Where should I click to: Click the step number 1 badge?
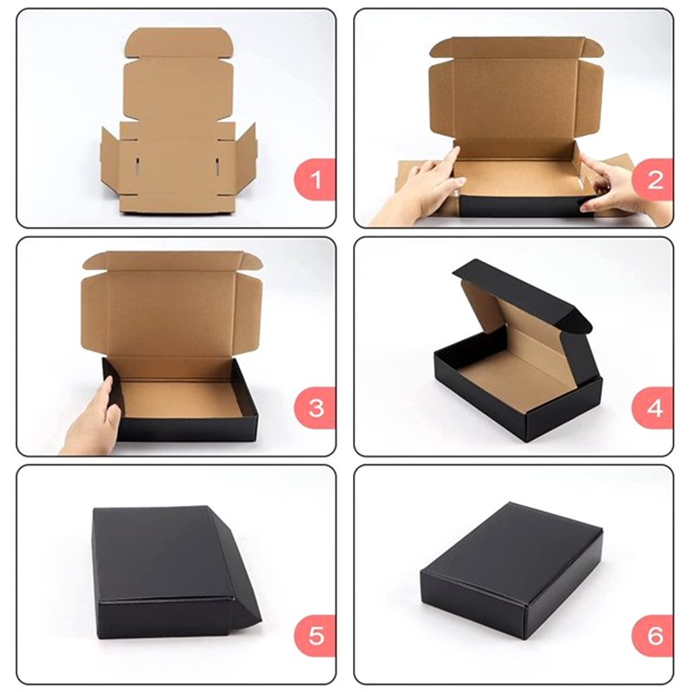[x=315, y=180]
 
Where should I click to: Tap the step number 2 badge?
[x=653, y=180]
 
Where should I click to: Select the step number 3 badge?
[x=315, y=407]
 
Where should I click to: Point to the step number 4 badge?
[x=653, y=407]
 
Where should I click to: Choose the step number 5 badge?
[x=315, y=636]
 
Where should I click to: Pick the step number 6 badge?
[x=653, y=636]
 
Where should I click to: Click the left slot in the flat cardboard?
[x=138, y=165]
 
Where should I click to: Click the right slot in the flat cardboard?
[x=217, y=165]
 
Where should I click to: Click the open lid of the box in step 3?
[x=172, y=304]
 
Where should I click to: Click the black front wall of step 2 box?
[x=521, y=206]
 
